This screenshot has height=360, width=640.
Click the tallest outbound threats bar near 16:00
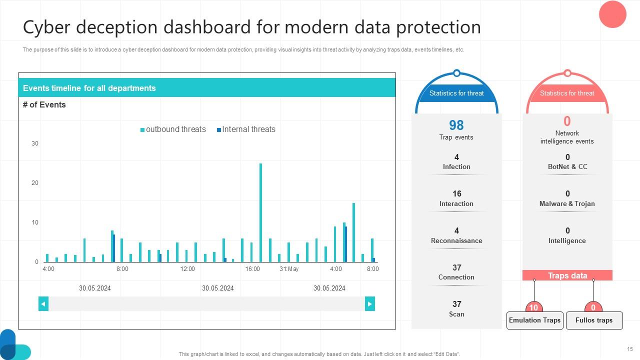(260, 212)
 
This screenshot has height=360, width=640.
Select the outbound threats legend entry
(173, 129)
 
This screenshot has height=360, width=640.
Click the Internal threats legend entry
(246, 129)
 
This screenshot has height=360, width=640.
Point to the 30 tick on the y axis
(35, 143)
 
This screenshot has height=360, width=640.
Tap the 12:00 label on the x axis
(187, 269)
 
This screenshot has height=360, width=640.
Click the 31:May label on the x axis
(289, 269)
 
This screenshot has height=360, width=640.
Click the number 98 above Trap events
(456, 125)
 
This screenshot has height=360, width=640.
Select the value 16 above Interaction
(456, 193)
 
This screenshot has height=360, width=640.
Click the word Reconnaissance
(456, 240)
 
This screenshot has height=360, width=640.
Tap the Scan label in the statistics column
(456, 314)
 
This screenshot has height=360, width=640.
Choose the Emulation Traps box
(535, 320)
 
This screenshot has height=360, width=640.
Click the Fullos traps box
(594, 320)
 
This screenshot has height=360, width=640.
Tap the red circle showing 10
(534, 307)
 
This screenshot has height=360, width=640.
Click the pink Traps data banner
(567, 275)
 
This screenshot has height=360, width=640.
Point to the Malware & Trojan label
(567, 203)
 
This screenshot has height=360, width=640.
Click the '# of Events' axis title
(44, 105)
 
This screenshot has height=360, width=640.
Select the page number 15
(630, 349)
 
